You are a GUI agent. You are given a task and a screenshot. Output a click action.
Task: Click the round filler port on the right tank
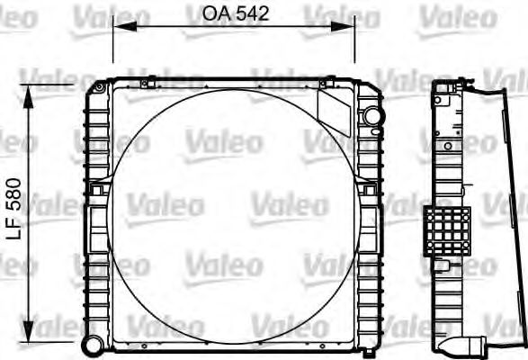coord(371,116)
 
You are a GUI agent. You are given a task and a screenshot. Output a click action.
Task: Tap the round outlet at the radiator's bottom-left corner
coord(92,344)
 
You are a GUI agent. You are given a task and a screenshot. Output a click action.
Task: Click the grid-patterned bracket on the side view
coord(448,230)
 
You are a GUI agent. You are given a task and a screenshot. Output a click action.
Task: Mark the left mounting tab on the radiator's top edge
coord(148,84)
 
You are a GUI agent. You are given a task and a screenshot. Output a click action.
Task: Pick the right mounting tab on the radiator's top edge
coord(316,84)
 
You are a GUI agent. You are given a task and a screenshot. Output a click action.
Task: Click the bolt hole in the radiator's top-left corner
coord(97,86)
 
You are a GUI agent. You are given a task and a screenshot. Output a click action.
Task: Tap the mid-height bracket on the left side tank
coord(99,189)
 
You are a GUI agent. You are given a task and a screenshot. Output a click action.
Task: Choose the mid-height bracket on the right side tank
coord(368,191)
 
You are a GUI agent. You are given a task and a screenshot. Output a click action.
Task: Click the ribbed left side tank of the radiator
coord(95,261)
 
